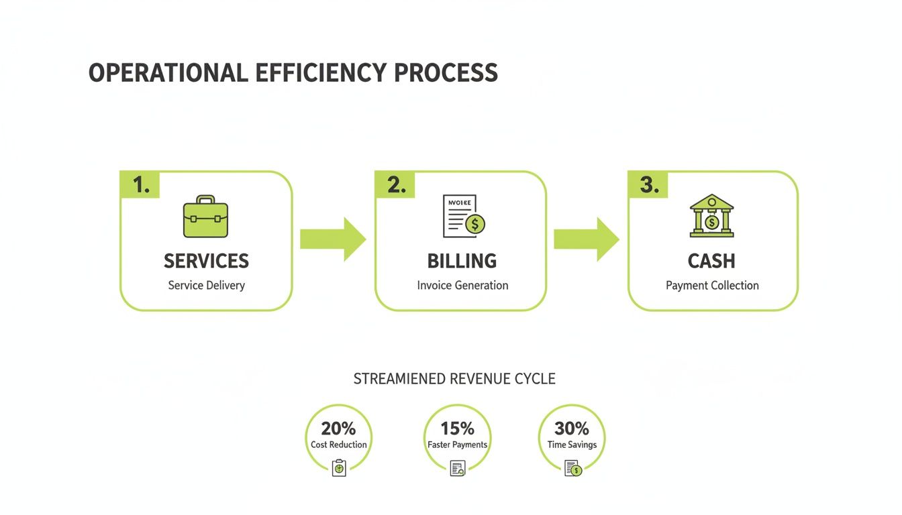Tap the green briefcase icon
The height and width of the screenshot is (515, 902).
205,217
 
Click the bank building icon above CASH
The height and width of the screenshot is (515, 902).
712,216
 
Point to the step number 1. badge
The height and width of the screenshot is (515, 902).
140,185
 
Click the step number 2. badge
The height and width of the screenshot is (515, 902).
396,185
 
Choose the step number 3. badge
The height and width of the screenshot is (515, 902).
648,185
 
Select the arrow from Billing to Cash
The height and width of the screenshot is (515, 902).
586,239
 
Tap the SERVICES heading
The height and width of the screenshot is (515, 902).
206,261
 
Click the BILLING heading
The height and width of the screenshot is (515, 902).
462,261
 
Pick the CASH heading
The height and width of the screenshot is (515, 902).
711,261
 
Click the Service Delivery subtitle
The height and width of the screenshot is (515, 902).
206,286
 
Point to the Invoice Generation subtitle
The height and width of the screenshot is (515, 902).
462,286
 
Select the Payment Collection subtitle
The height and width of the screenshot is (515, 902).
712,286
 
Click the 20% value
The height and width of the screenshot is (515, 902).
338,428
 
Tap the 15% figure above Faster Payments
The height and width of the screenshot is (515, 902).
457,428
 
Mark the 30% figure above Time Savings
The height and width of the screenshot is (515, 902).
572,428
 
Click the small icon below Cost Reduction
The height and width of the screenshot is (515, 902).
339,467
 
